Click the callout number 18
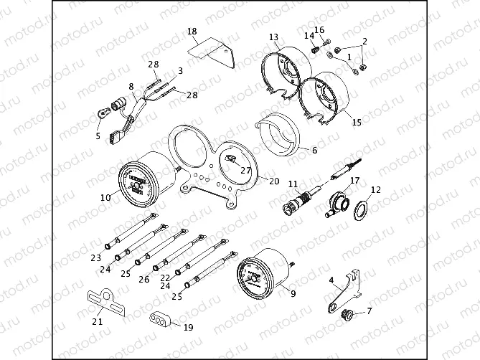tap(192, 31)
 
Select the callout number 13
tap(273, 37)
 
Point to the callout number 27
tap(245, 171)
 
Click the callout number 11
tap(293, 184)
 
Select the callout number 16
tap(320, 29)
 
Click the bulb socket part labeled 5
tap(103, 113)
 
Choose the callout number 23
tap(95, 257)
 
